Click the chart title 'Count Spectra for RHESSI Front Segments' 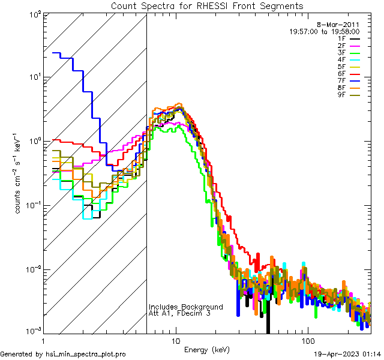(x=207, y=5)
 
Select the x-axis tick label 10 (x=175, y=340)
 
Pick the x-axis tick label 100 (x=307, y=340)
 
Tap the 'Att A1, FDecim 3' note (x=179, y=313)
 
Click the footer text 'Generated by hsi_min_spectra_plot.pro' (x=64, y=354)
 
